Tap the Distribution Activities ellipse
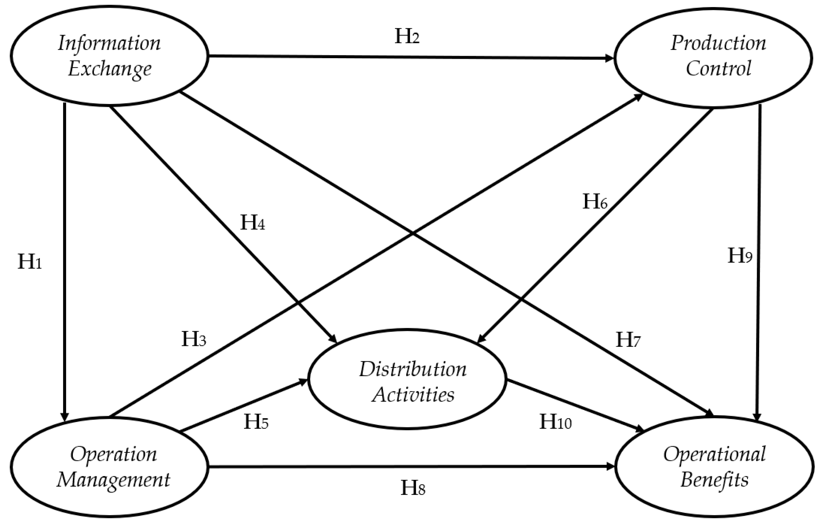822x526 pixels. tap(407, 379)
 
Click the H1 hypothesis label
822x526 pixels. tap(29, 262)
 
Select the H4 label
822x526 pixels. tap(253, 223)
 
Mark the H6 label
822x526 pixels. tap(595, 202)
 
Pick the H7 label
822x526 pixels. tap(628, 340)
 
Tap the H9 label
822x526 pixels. tap(740, 256)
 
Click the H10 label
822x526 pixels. tap(555, 422)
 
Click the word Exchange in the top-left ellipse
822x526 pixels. tap(110, 69)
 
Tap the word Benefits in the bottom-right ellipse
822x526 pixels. tap(714, 480)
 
